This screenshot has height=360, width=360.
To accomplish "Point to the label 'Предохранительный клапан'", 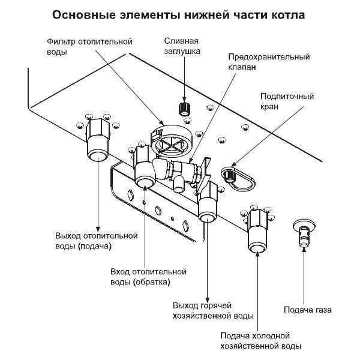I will click(268, 62).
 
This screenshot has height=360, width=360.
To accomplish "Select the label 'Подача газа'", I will click(307, 310).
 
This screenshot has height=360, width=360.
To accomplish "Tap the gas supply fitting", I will click(305, 233).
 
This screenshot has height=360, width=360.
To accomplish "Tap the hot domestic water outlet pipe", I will click(208, 205).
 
